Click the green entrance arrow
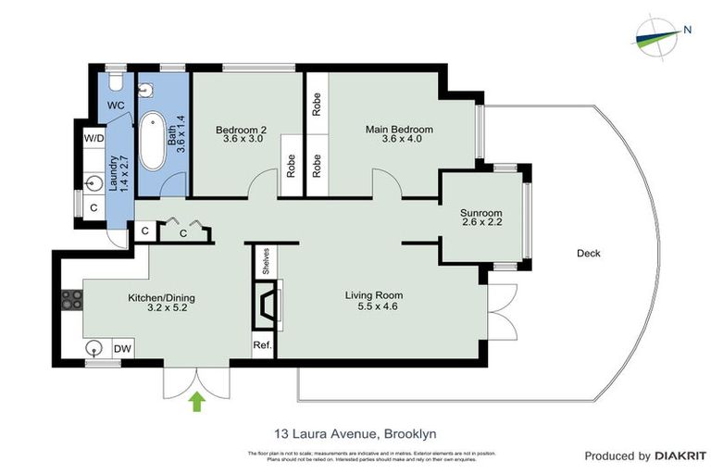point(196,402)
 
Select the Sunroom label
point(480,214)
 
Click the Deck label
point(588,253)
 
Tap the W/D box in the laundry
point(94,139)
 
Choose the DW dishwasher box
point(122,348)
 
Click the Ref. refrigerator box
point(261,345)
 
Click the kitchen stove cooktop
point(71,299)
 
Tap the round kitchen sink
point(94,348)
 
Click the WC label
point(116,106)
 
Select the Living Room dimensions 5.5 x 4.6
point(374,307)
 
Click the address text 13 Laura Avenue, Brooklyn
point(355,432)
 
